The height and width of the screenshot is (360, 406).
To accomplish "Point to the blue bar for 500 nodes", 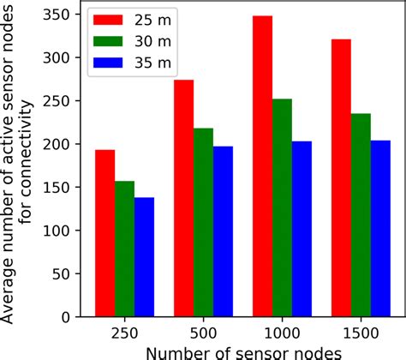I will pyautogui.click(x=223, y=231).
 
